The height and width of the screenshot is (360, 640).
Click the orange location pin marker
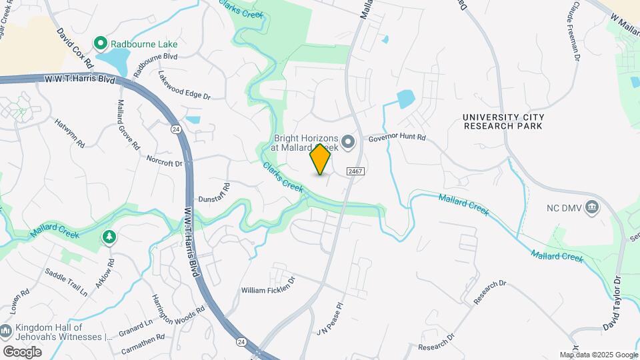point(321,159)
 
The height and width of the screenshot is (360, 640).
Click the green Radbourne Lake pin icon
point(101,43)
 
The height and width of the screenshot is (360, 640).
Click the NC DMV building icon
point(591,207)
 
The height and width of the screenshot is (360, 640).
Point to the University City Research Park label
point(503,121)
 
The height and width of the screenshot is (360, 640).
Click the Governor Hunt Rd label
point(397,139)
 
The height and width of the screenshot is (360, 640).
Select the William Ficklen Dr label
point(267,290)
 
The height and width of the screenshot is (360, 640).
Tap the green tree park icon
point(109,237)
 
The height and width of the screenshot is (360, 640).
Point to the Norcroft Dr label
point(165,160)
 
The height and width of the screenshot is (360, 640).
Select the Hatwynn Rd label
point(71,133)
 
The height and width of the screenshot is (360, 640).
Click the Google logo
point(22,352)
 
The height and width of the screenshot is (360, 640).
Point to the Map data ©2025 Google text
point(598,355)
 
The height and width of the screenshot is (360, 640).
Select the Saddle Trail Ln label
point(66,282)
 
